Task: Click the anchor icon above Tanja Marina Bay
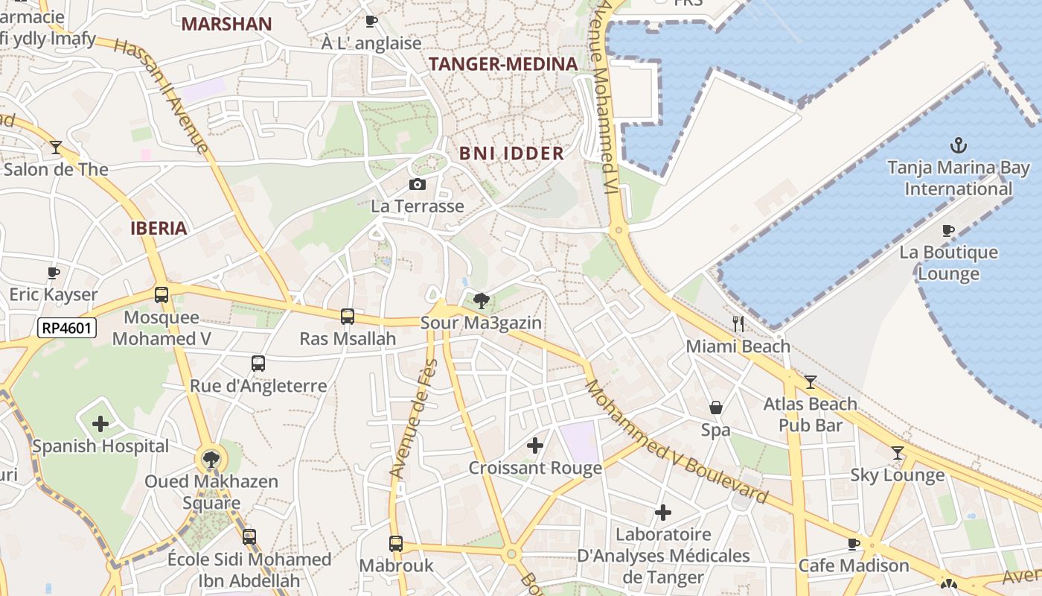click(959, 145)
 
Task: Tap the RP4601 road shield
click(67, 327)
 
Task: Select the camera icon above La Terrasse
click(418, 184)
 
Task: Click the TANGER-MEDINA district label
click(503, 64)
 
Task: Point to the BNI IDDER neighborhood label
click(511, 153)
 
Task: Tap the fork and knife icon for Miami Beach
click(738, 323)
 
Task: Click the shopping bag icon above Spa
click(715, 408)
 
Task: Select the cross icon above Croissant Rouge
click(534, 446)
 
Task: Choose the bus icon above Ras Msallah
click(348, 317)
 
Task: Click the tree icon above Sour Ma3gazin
click(481, 301)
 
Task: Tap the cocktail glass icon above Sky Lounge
click(898, 452)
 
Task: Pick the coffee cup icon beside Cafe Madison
click(854, 543)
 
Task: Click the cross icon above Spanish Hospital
click(100, 424)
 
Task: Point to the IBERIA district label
click(159, 228)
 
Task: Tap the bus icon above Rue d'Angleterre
click(258, 364)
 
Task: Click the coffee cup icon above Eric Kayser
click(53, 273)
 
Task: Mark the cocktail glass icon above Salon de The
click(56, 147)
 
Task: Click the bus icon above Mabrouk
click(396, 544)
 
